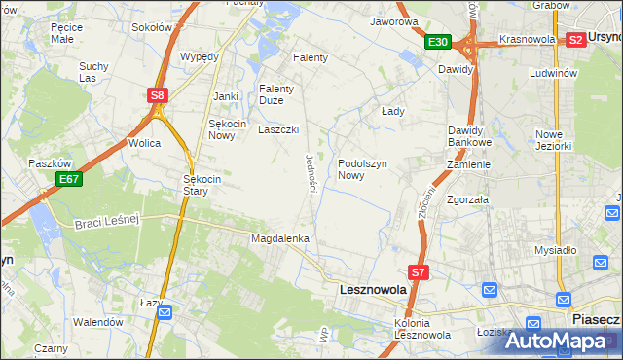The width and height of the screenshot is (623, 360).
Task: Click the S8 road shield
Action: pyautogui.click(x=158, y=95)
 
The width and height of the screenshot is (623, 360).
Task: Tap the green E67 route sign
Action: pyautogui.click(x=68, y=179)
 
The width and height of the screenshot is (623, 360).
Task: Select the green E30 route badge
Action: pyautogui.click(x=437, y=42)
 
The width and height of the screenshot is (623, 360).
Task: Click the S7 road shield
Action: pyautogui.click(x=418, y=273)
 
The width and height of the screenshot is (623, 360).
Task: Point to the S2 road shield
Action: pyautogui.click(x=575, y=40)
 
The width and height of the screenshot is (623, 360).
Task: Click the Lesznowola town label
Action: pyautogui.click(x=379, y=290)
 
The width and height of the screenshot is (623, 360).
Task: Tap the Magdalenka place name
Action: pyautogui.click(x=280, y=238)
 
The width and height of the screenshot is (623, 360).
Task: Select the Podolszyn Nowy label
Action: pyautogui.click(x=364, y=170)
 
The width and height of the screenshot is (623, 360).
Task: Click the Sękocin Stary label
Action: pyautogui.click(x=203, y=185)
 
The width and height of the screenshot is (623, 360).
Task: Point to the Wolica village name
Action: pyautogui.click(x=144, y=143)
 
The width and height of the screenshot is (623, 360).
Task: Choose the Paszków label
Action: pyautogui.click(x=45, y=163)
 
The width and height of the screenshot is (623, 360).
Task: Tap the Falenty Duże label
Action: pyautogui.click(x=276, y=94)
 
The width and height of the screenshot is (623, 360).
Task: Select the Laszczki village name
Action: pyautogui.click(x=277, y=129)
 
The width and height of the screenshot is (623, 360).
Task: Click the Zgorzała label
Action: pyautogui.click(x=467, y=199)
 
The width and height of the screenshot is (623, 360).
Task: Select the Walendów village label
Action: pyautogui.click(x=99, y=321)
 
